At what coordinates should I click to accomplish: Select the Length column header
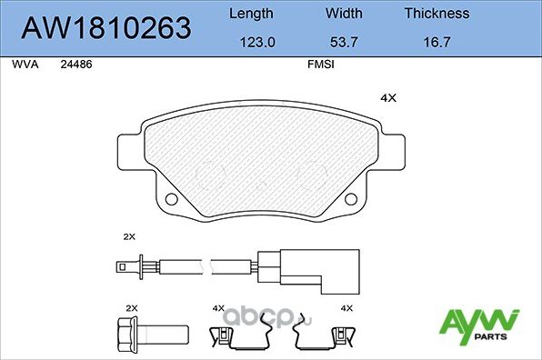coord(250,14)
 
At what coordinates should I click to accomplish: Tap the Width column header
coord(344,14)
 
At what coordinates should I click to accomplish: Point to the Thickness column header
coord(437,14)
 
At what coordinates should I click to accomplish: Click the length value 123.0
coord(250,42)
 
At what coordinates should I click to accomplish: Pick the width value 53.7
coord(344,42)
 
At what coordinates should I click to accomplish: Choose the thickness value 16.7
coord(437,42)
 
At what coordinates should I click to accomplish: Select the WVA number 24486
coord(75,65)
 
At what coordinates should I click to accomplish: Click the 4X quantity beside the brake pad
coord(388,98)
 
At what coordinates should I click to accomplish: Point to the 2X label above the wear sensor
coord(128,235)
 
